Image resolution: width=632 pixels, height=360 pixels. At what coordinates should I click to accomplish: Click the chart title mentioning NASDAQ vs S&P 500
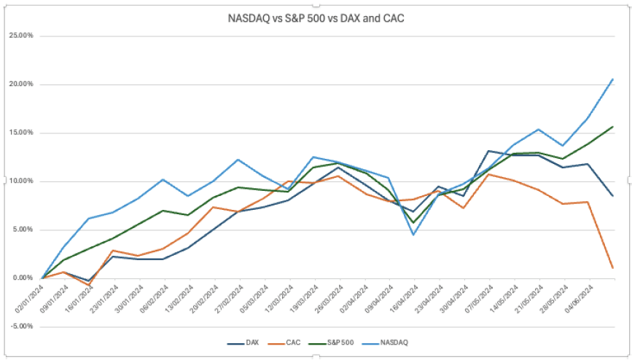(x=316, y=17)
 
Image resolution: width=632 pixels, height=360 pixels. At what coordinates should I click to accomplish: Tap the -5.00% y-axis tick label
(x=20, y=326)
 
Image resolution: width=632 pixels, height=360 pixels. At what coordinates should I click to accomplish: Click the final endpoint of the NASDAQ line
(x=612, y=79)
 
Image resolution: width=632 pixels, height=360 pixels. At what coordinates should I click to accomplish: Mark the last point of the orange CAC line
(x=612, y=267)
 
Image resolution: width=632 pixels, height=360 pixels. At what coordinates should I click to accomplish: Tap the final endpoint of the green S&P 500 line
(x=612, y=127)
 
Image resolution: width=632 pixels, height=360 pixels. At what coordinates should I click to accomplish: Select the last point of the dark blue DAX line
(x=612, y=195)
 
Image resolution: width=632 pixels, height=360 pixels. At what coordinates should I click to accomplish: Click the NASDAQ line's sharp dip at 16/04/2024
(x=413, y=234)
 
